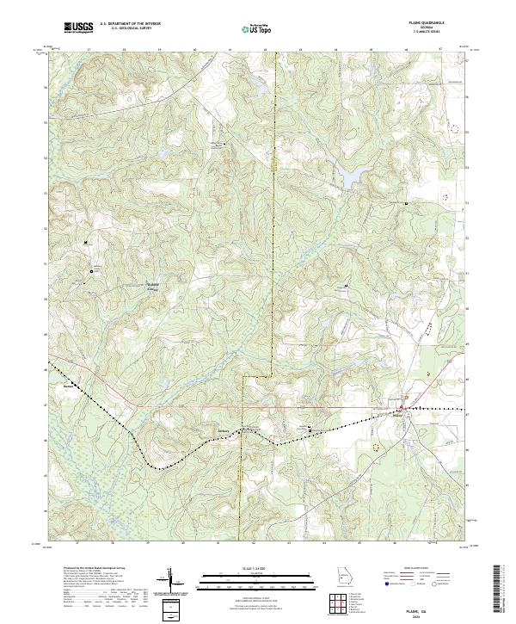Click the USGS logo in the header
78,28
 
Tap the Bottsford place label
153,286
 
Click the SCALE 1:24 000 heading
250,568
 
